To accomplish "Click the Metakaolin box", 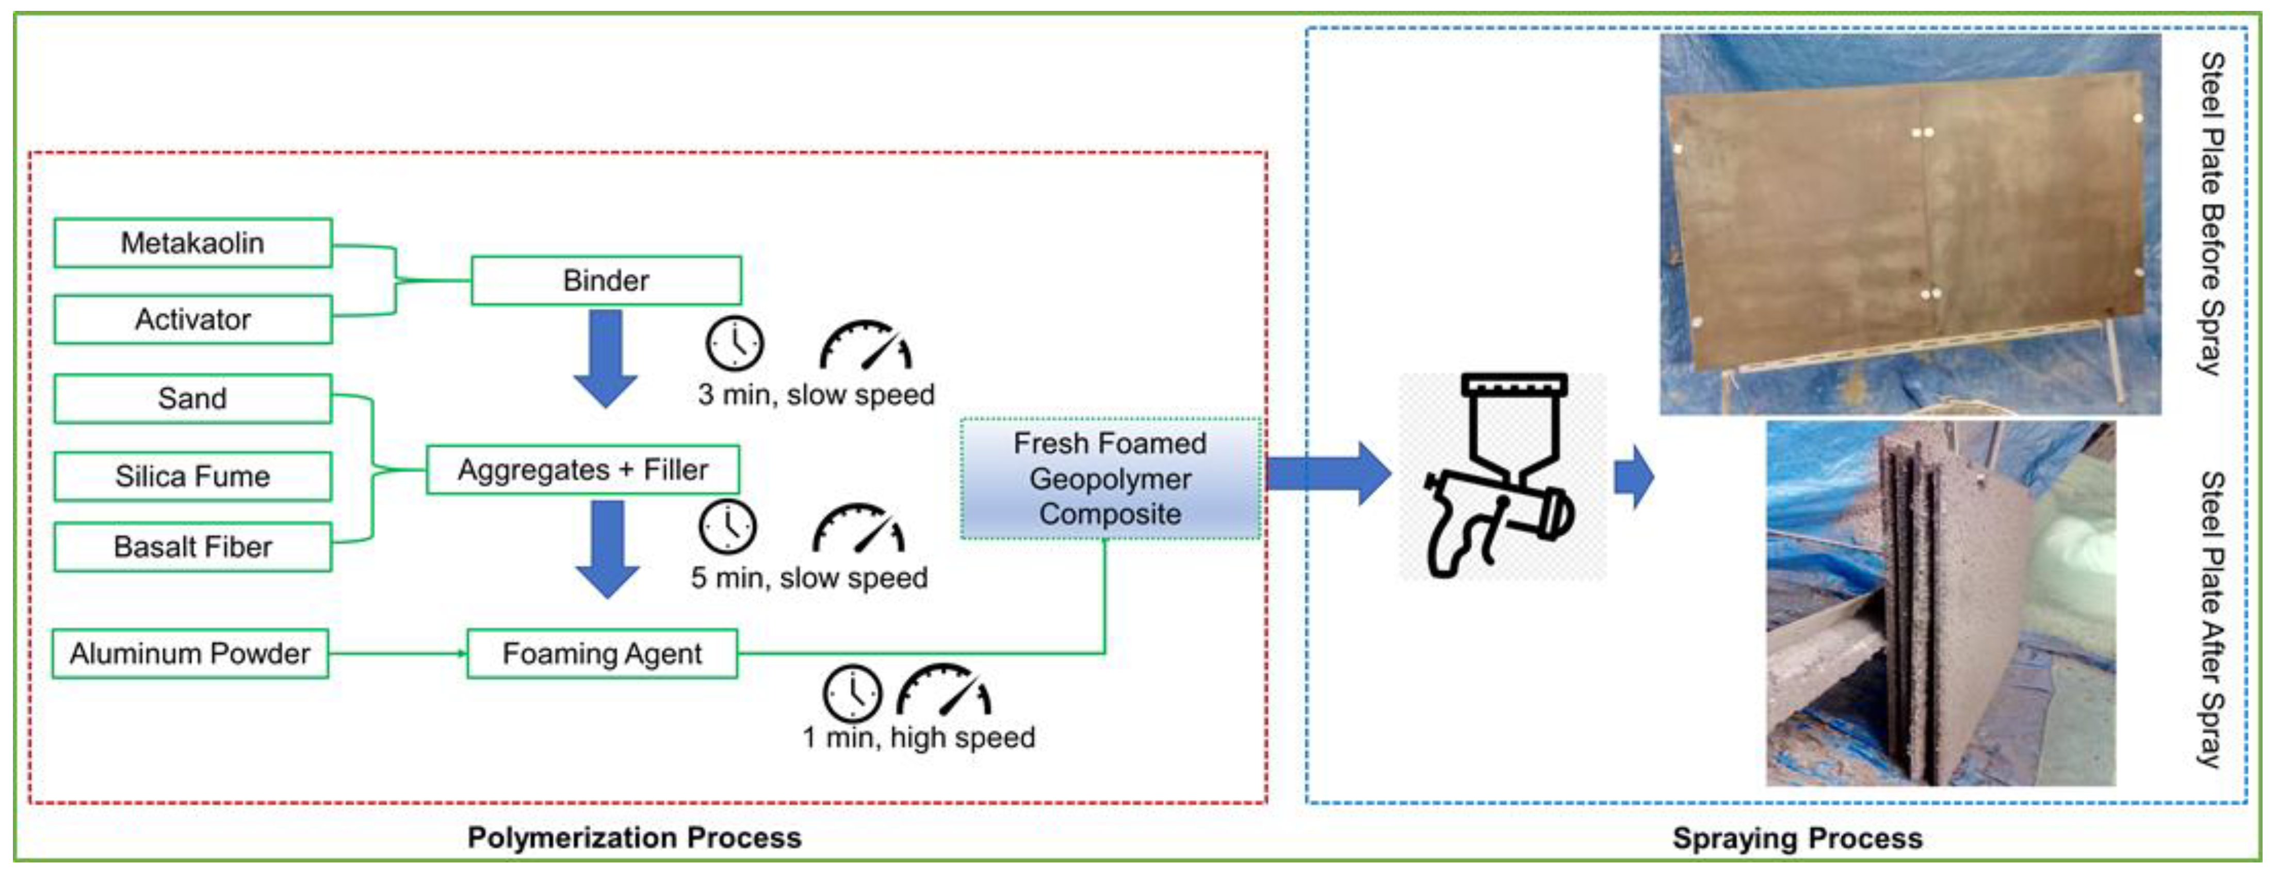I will [192, 243].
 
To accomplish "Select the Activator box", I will [192, 319].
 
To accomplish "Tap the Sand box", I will [192, 398].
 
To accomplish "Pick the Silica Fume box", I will [192, 476].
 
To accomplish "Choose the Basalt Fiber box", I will [192, 547].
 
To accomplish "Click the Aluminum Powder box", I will [190, 654].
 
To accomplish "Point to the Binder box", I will [606, 281].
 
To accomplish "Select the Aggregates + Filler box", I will [583, 469].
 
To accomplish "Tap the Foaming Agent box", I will [601, 654].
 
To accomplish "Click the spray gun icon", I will [1502, 477].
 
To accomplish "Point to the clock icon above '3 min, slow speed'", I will [734, 343].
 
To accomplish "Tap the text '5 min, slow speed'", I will [809, 578].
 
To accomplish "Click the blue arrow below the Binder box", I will [606, 358].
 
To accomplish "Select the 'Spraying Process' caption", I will [1797, 838].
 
